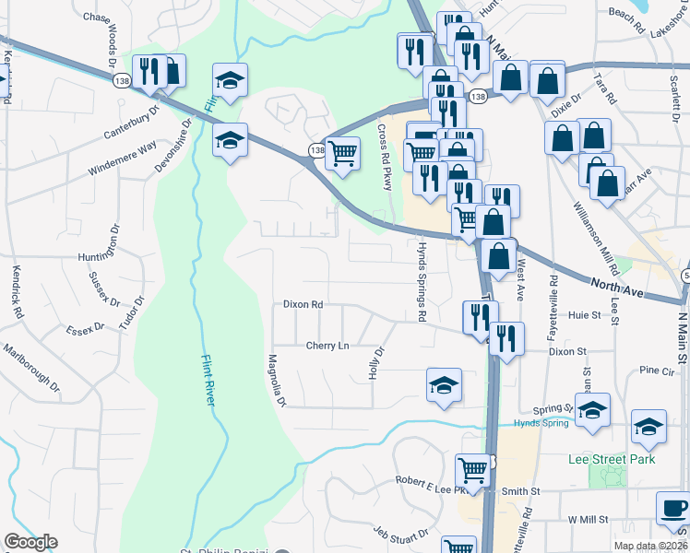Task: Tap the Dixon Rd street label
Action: tap(303, 303)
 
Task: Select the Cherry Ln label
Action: tap(327, 346)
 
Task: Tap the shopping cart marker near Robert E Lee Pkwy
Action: tap(473, 469)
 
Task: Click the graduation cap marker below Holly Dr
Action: tap(444, 384)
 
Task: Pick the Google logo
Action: tap(30, 542)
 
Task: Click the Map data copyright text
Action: tap(649, 546)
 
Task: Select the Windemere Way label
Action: tap(123, 159)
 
